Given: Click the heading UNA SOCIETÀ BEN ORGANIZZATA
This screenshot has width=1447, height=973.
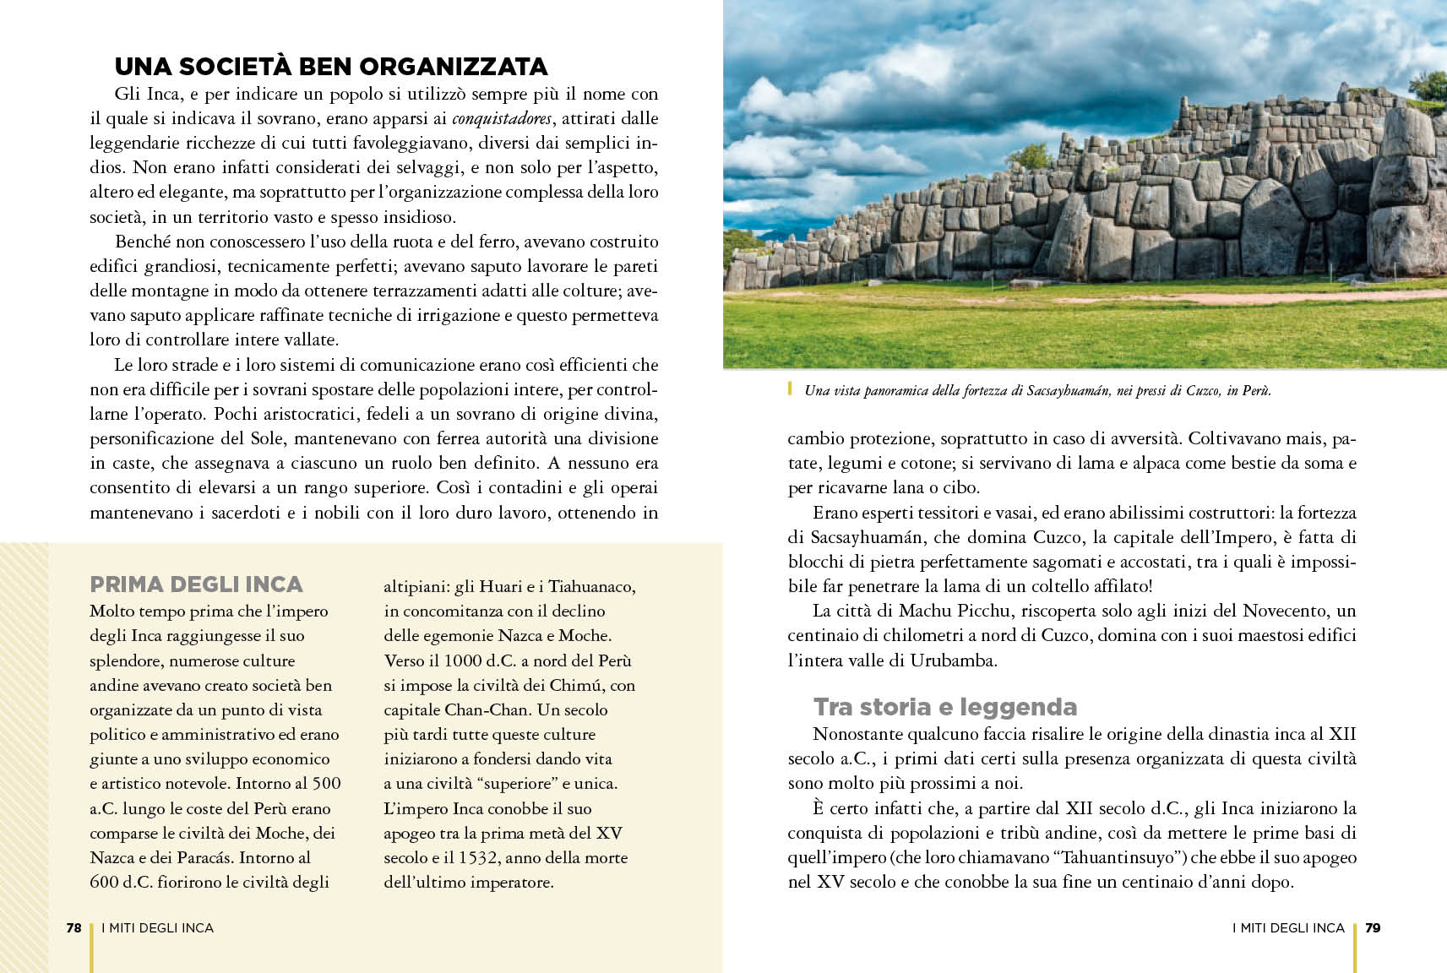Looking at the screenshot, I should coord(331,67).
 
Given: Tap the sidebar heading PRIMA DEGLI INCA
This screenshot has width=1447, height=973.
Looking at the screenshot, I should coord(196,584).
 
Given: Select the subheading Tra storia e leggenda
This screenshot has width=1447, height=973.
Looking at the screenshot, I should coord(944,706).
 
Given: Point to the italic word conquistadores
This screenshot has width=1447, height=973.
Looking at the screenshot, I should coord(502,119).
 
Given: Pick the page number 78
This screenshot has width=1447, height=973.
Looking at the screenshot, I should coord(73,927).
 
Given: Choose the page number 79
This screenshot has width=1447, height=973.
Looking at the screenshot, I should coord(1373,927).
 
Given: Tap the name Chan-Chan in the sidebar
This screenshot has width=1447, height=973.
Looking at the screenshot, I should coord(479,709).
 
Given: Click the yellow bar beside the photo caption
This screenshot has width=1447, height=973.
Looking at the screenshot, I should coord(790,389).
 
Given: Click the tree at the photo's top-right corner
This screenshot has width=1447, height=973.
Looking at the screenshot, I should coord(1428,84).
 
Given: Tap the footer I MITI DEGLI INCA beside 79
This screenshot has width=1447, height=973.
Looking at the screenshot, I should coord(1287,927).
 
